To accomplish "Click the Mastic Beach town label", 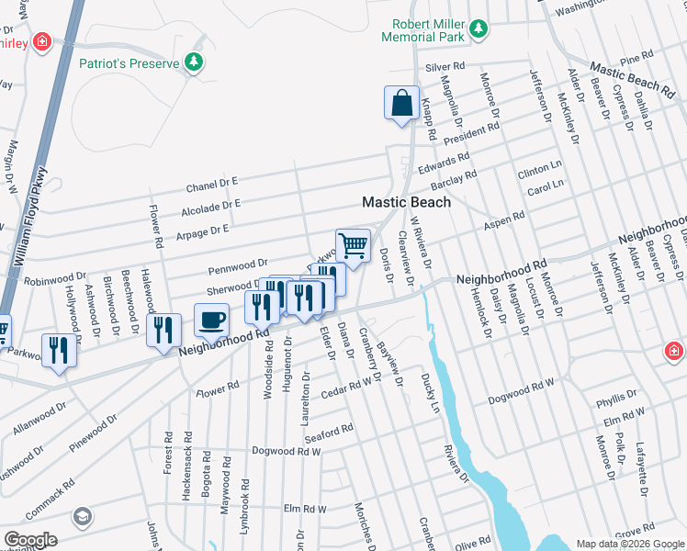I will [x=405, y=202].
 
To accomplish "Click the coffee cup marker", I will [x=212, y=322].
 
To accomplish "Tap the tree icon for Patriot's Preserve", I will [x=194, y=62].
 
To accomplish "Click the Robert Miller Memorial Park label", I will [x=427, y=30].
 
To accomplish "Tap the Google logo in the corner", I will [x=29, y=540].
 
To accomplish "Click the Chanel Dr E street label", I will [x=211, y=185].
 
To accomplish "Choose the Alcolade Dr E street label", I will [x=210, y=207].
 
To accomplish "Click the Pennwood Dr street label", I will [x=237, y=264].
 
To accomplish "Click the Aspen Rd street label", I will [x=504, y=218].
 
